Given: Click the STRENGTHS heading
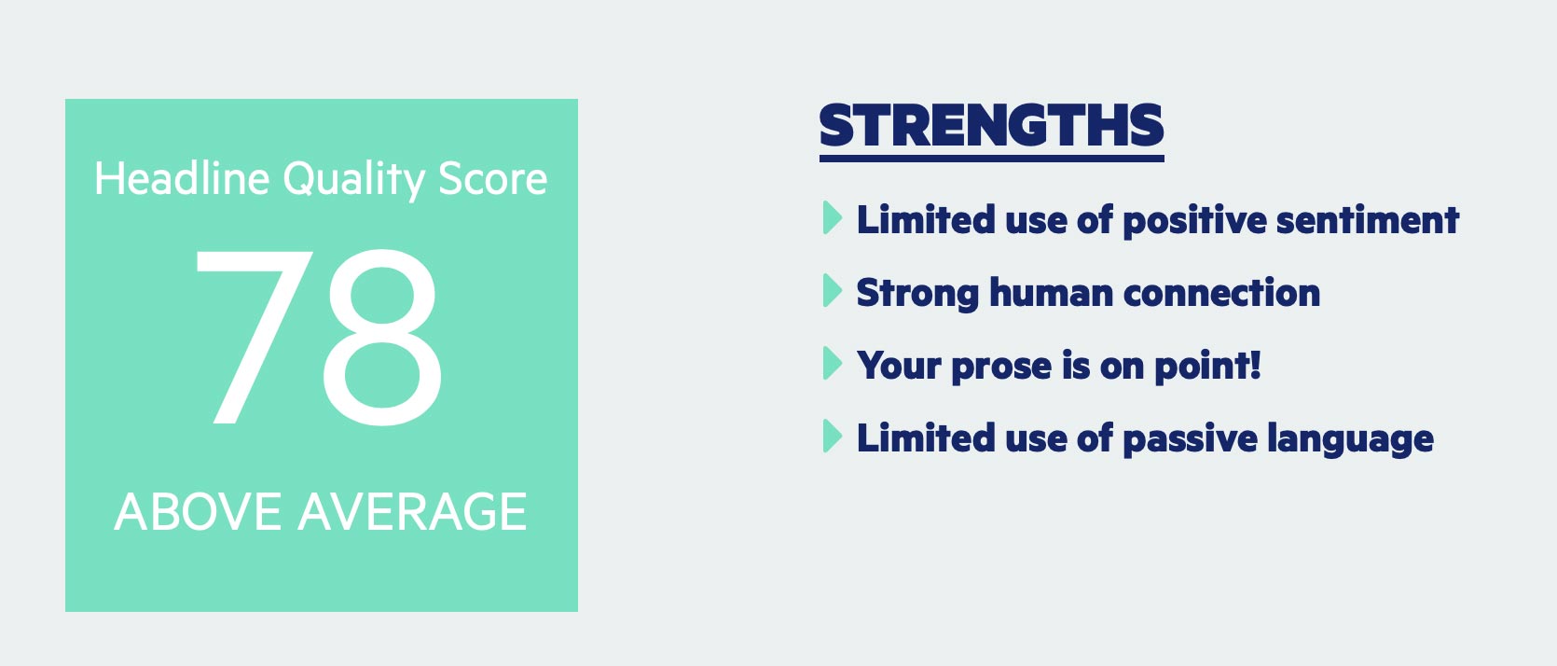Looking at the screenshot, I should tap(991, 126).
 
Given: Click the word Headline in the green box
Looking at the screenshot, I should tap(182, 178).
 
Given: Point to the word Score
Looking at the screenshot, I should tap(492, 178).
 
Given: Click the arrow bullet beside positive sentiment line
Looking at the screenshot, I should tap(832, 218).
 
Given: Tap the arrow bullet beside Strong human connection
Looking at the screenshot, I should tap(832, 291).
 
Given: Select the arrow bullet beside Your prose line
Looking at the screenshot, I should tap(832, 364).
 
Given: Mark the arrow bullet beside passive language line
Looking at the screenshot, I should tap(832, 437).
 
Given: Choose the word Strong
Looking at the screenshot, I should tap(917, 294).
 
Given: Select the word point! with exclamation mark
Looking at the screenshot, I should tap(1207, 367).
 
